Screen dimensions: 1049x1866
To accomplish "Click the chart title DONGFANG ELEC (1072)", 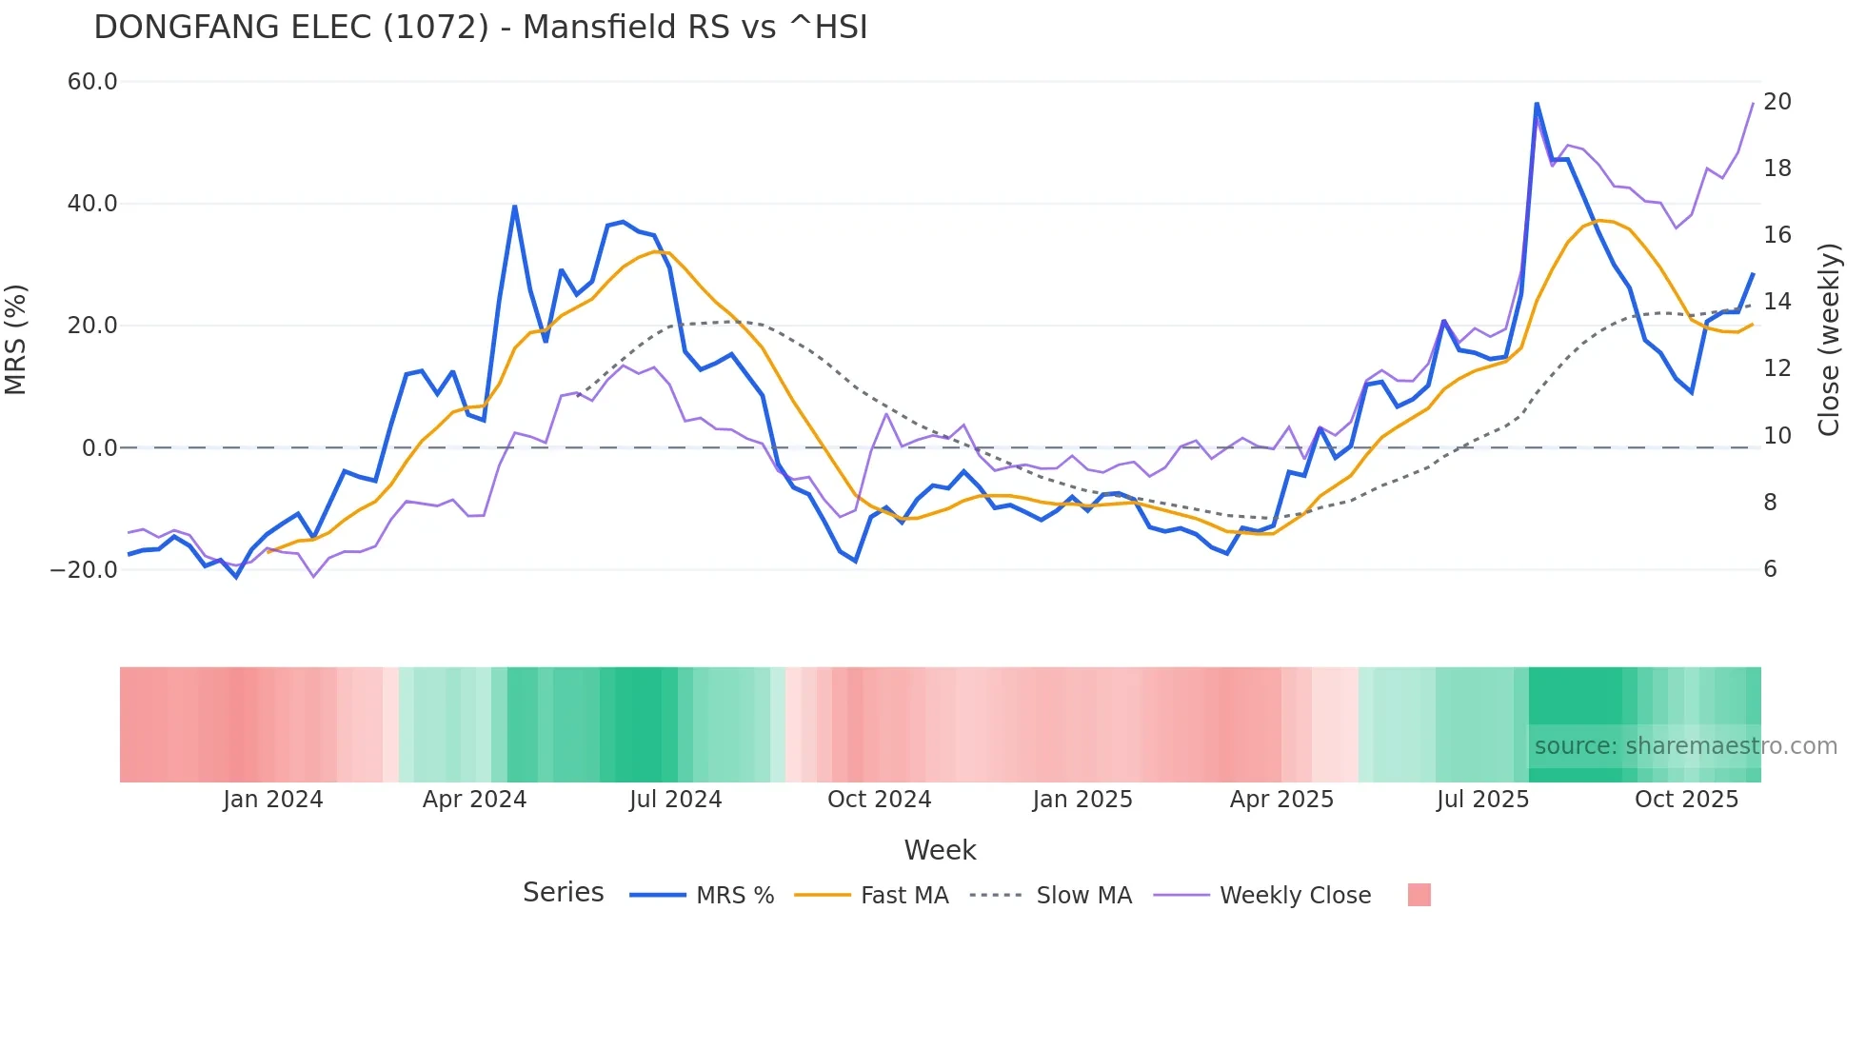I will tap(480, 28).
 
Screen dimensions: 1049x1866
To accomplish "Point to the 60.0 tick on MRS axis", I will tap(92, 82).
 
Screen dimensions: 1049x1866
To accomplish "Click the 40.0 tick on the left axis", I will tap(92, 204).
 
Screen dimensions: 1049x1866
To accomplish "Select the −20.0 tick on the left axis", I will tap(84, 570).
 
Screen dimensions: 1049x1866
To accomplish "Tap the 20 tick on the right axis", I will tap(1777, 102).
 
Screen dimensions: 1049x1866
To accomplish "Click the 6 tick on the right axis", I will tap(1770, 569).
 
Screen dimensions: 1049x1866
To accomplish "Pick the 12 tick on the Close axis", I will tap(1777, 368).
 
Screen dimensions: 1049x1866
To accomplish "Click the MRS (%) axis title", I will tap(16, 340).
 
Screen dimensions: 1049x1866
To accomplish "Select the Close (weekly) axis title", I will tap(1828, 340).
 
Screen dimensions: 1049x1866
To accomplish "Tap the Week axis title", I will tap(940, 850).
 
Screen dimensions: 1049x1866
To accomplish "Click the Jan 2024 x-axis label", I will tap(273, 800).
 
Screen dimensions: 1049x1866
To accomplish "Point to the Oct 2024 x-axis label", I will tap(879, 800).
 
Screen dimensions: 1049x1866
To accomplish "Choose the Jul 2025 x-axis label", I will tap(1482, 800).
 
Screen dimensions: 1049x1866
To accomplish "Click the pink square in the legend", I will tap(1419, 895).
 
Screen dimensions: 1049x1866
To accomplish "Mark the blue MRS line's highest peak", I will tap(1537, 103).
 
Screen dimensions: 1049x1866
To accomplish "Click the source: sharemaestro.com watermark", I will tap(1685, 746).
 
